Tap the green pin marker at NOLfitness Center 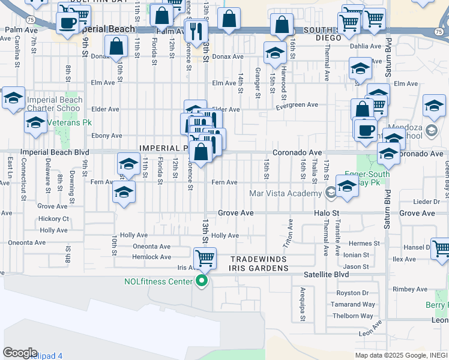pyautogui.click(x=202, y=280)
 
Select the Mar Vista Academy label pyautogui.click(x=285, y=193)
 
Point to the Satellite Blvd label pyautogui.click(x=327, y=274)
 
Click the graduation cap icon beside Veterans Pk pyautogui.click(x=35, y=123)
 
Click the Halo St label pyautogui.click(x=327, y=213)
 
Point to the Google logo pyautogui.click(x=20, y=353)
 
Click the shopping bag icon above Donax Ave pyautogui.click(x=116, y=45)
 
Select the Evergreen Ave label pyautogui.click(x=297, y=105)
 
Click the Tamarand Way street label pyautogui.click(x=353, y=305)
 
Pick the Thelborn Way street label pyautogui.click(x=353, y=316)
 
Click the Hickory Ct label pyautogui.click(x=55, y=219)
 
